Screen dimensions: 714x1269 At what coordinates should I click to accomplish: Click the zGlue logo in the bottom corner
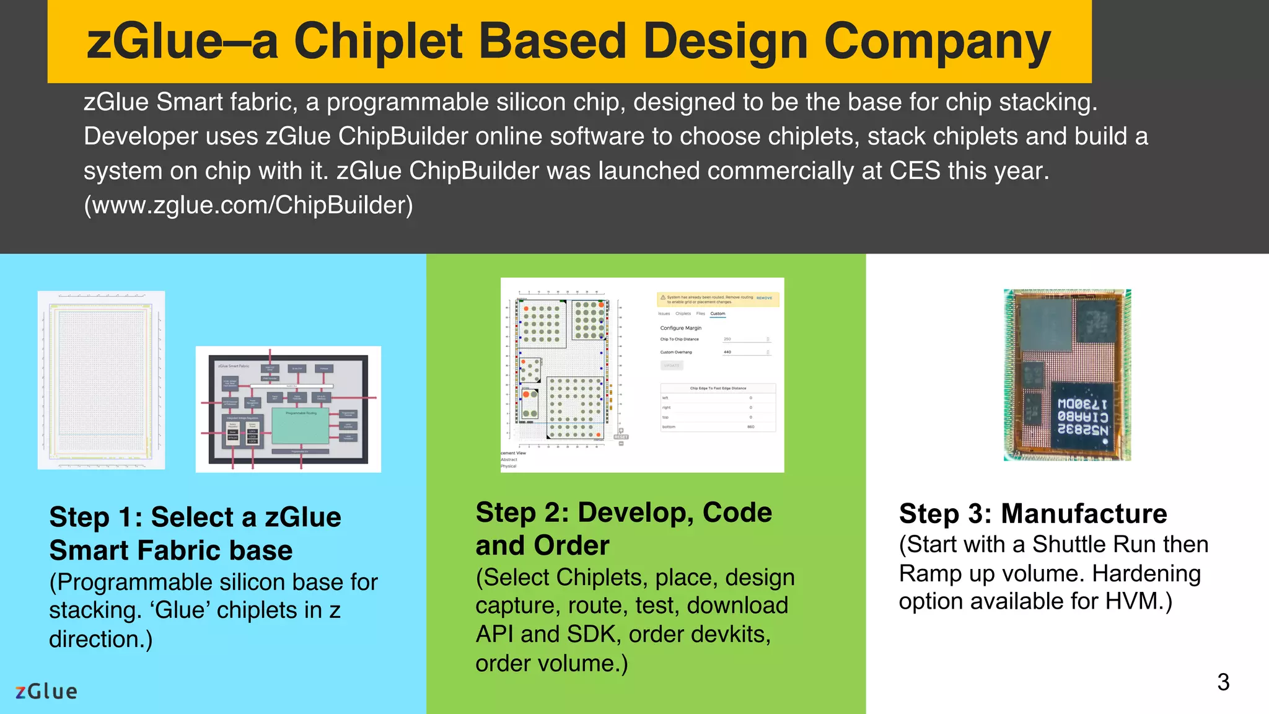pos(46,691)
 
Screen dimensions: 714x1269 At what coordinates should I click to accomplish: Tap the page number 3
pos(1223,682)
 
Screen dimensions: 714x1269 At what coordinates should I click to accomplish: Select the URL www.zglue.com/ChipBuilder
pos(248,205)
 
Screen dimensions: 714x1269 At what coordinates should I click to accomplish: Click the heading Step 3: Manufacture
pos(1032,514)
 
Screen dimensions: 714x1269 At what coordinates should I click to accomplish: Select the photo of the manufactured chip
pos(1067,375)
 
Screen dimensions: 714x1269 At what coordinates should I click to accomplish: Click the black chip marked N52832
pos(1083,416)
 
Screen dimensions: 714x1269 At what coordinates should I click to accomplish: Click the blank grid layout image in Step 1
pos(101,380)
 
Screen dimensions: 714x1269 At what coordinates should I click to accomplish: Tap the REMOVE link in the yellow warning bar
pos(764,298)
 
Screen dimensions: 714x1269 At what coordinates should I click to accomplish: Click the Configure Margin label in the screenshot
pos(680,328)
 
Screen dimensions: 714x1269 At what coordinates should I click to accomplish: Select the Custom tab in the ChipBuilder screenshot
pos(718,314)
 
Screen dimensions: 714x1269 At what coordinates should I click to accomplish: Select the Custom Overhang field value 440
pos(727,352)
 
